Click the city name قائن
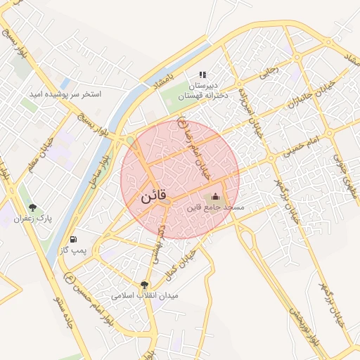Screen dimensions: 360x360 click(x=153, y=198)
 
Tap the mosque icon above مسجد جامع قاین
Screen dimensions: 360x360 click(x=215, y=196)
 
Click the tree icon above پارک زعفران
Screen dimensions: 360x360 click(x=32, y=207)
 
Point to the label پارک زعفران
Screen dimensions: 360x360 click(x=33, y=219)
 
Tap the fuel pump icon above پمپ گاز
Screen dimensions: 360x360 click(x=74, y=240)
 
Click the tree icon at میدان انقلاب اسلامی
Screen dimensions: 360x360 click(x=144, y=285)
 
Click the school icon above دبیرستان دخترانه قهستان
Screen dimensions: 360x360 click(x=203, y=75)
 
